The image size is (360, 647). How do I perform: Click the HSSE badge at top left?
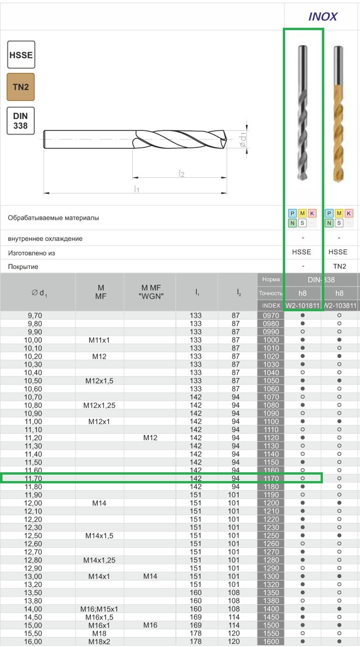[21, 55]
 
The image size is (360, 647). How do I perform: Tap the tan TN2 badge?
[21, 87]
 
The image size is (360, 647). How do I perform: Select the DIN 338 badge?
[21, 121]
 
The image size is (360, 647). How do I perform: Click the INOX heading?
[323, 17]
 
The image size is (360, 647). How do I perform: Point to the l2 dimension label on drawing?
[182, 174]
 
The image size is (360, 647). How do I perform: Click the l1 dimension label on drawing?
[136, 189]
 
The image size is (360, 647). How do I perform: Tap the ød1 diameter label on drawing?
[243, 139]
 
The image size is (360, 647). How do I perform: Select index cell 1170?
[271, 479]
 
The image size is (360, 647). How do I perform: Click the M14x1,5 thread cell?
[99, 535]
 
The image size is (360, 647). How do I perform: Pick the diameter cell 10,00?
[33, 340]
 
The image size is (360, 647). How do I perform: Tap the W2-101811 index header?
[302, 306]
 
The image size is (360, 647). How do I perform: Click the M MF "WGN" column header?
[151, 292]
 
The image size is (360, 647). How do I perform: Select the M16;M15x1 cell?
[99, 609]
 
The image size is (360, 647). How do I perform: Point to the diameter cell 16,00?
[33, 642]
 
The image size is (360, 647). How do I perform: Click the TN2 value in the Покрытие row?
[339, 266]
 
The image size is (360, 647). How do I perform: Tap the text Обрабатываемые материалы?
[53, 218]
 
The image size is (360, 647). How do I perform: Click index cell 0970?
[271, 316]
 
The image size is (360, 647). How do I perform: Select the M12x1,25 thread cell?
[99, 405]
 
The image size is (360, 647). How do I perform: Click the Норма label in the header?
[271, 279]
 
